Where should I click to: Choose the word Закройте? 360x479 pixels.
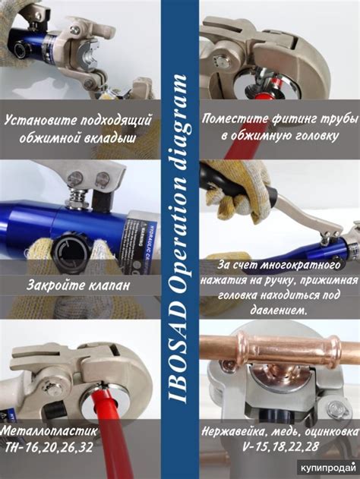point(55,285)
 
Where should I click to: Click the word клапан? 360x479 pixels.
point(109,285)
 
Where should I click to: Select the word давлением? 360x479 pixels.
point(278,310)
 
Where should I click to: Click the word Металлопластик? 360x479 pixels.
point(49,430)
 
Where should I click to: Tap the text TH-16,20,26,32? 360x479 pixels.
point(49,447)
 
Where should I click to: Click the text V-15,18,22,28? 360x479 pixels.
point(280,447)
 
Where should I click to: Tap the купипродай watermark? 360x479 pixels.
point(328,468)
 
